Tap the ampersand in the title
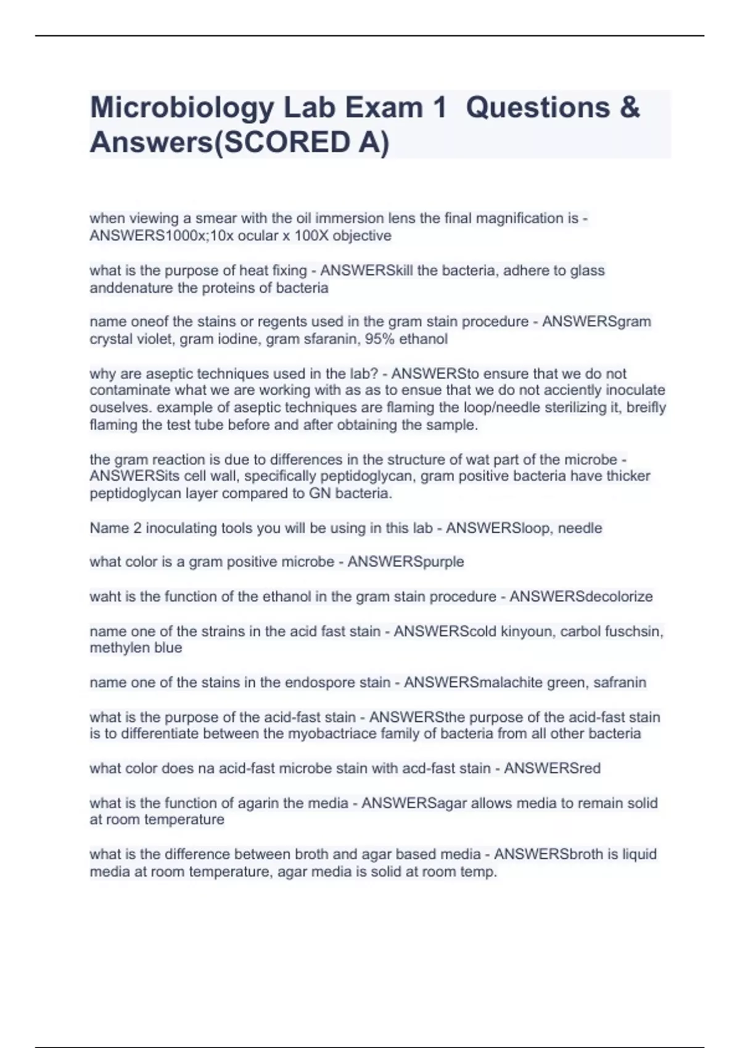coord(628,108)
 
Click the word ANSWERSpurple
coord(406,562)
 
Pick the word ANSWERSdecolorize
coord(581,596)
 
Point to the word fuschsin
coord(635,631)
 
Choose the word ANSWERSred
coord(552,768)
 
